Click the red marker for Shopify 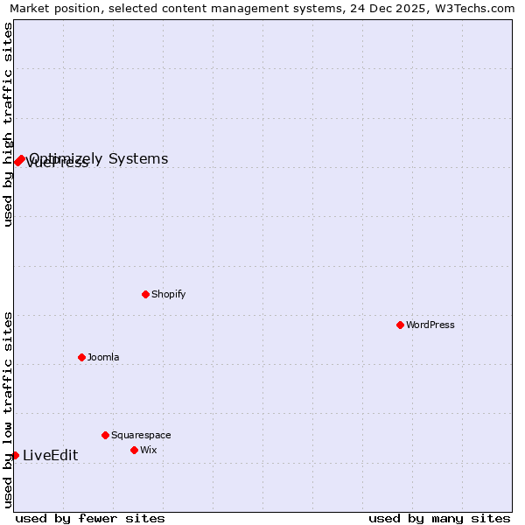tap(145, 294)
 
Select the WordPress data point tap(400, 325)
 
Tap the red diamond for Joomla tap(81, 357)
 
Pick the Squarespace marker tap(105, 435)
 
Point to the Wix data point tap(134, 450)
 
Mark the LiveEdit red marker tap(15, 455)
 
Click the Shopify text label tap(168, 294)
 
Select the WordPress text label tap(430, 325)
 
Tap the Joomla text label tap(103, 357)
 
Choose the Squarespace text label tap(141, 435)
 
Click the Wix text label tap(148, 450)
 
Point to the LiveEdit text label tap(50, 455)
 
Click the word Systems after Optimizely tap(138, 158)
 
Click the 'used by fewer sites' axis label tap(90, 518)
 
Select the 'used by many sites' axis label tap(439, 518)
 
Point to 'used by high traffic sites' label tap(9, 124)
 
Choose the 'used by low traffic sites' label tap(9, 409)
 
